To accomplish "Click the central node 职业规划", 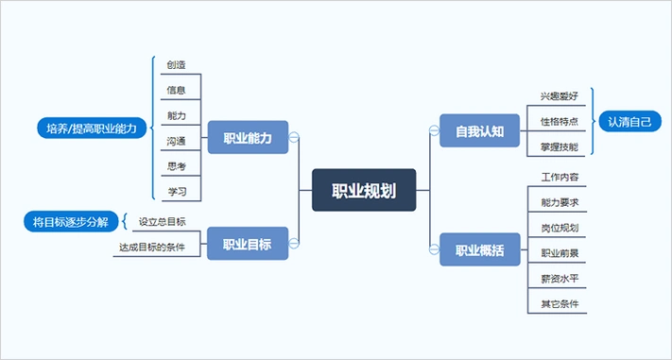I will point(364,190).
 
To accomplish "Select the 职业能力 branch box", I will point(248,138).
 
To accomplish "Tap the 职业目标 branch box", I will point(248,244).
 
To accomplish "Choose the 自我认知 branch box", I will point(480,129).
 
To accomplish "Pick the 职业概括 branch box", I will point(480,250).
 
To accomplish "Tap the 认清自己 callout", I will point(630,122).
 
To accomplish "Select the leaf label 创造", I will point(176,65).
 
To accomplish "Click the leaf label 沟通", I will point(176,141).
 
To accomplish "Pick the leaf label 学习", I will point(176,192).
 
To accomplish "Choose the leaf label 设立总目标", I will point(163,222).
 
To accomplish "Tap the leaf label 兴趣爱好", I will point(560,96).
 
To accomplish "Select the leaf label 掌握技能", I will point(560,146).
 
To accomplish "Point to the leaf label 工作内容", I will point(560,178).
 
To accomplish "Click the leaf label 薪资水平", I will point(560,279).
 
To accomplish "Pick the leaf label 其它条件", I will point(560,304).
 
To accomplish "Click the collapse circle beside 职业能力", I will point(294,138).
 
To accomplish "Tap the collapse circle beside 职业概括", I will point(435,250).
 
